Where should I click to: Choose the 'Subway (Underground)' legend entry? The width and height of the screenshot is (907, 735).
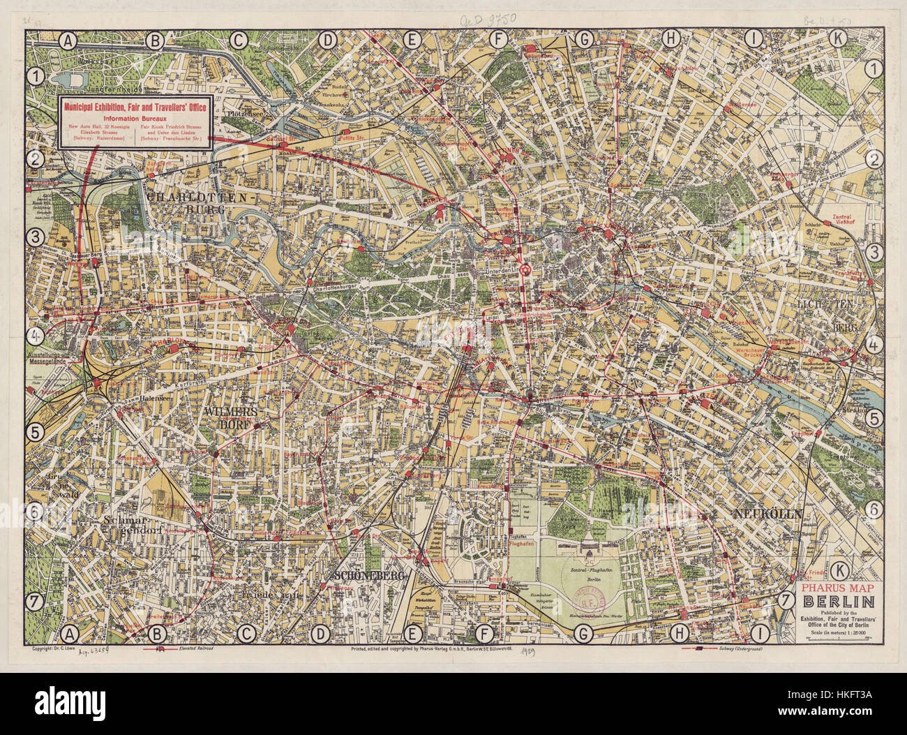[740, 648]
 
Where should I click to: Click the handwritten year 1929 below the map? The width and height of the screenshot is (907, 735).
[538, 649]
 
